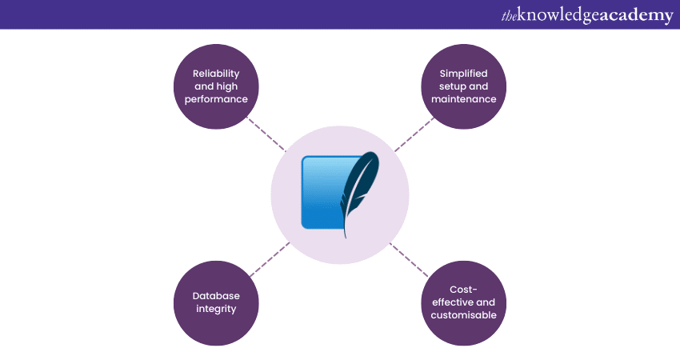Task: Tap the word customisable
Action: [x=463, y=315]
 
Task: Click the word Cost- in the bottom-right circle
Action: [x=463, y=289]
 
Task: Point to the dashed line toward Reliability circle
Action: [x=266, y=136]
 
